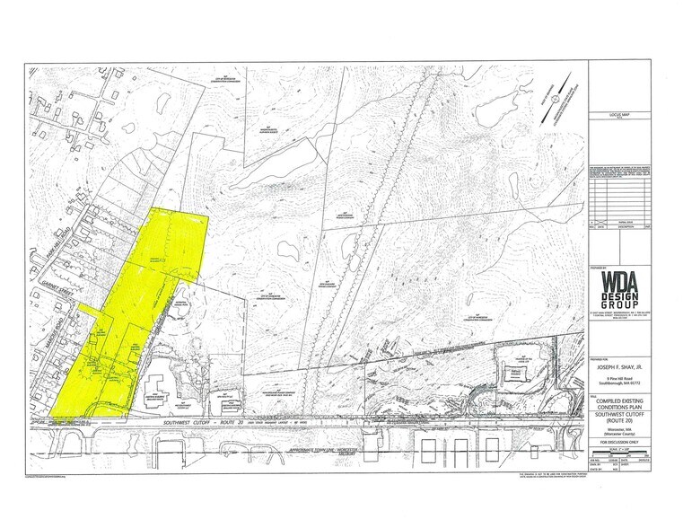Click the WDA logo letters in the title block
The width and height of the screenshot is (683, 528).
pos(620,279)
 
